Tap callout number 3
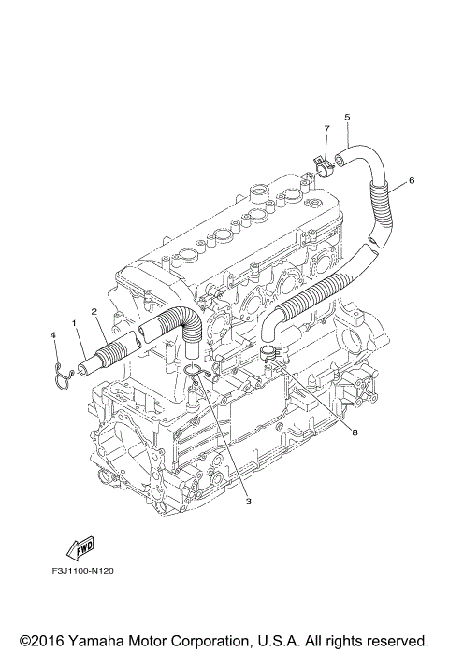pos(248,502)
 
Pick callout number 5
pos(347,118)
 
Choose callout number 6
pos(412,180)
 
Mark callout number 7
pos(326,129)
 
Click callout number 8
pos(355,432)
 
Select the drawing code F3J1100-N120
pos(83,571)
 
